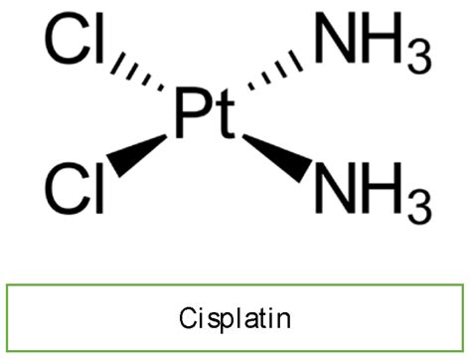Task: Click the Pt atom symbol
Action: pyautogui.click(x=206, y=116)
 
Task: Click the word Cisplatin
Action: pyautogui.click(x=235, y=319)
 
